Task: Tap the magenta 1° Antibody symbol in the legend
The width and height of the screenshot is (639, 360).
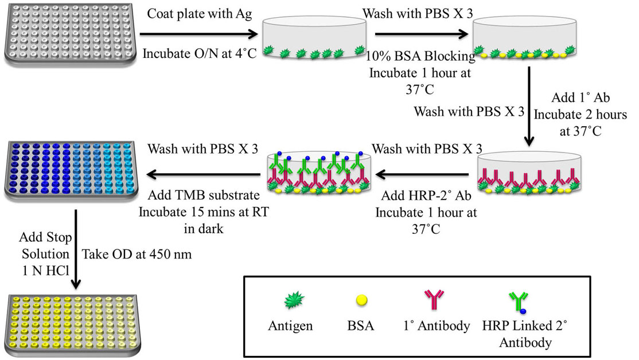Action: click(436, 299)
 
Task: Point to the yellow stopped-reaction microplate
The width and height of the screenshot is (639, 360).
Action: click(70, 320)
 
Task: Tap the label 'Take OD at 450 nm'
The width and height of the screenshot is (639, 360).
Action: click(138, 252)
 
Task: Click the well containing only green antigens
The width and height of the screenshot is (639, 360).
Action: click(314, 40)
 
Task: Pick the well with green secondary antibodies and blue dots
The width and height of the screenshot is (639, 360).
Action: click(317, 171)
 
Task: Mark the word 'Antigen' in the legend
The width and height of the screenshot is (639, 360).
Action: click(290, 326)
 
